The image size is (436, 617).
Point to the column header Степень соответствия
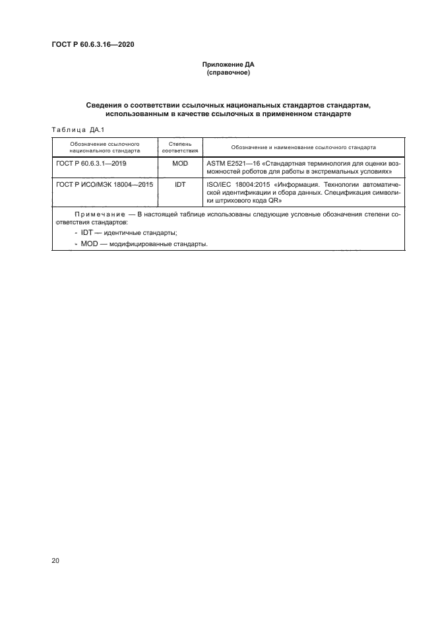[x=179, y=146]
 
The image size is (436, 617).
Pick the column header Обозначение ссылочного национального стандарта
[x=104, y=146]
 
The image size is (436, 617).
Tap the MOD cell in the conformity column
[x=179, y=162]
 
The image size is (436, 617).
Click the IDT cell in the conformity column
[x=179, y=185]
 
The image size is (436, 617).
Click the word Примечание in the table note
[x=100, y=214]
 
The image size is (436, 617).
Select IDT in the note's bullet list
[x=86, y=233]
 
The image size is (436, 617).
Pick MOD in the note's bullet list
[x=90, y=244]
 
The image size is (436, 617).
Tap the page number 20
[x=55, y=561]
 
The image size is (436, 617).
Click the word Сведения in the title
[x=106, y=106]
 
